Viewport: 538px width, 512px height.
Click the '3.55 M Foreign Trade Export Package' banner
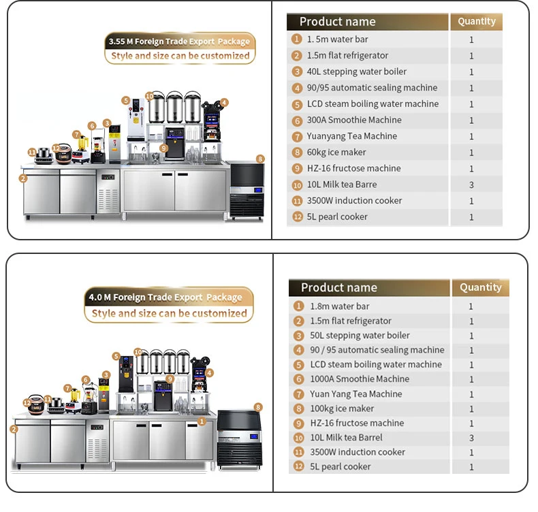point(179,41)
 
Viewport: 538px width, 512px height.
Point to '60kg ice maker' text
point(336,153)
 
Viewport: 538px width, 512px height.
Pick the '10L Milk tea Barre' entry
point(341,185)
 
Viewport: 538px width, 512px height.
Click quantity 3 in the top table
point(471,185)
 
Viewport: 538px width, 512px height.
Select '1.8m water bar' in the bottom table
point(340,306)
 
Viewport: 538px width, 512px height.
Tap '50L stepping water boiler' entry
point(360,336)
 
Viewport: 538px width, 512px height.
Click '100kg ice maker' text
point(342,409)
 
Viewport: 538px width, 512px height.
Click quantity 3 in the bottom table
point(471,438)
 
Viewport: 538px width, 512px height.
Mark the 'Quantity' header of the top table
point(477,21)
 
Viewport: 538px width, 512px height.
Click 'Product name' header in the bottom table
point(339,287)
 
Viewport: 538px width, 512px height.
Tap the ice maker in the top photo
point(245,191)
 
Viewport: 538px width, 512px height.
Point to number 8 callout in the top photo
point(259,159)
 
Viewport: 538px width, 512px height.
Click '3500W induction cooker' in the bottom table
point(358,452)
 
